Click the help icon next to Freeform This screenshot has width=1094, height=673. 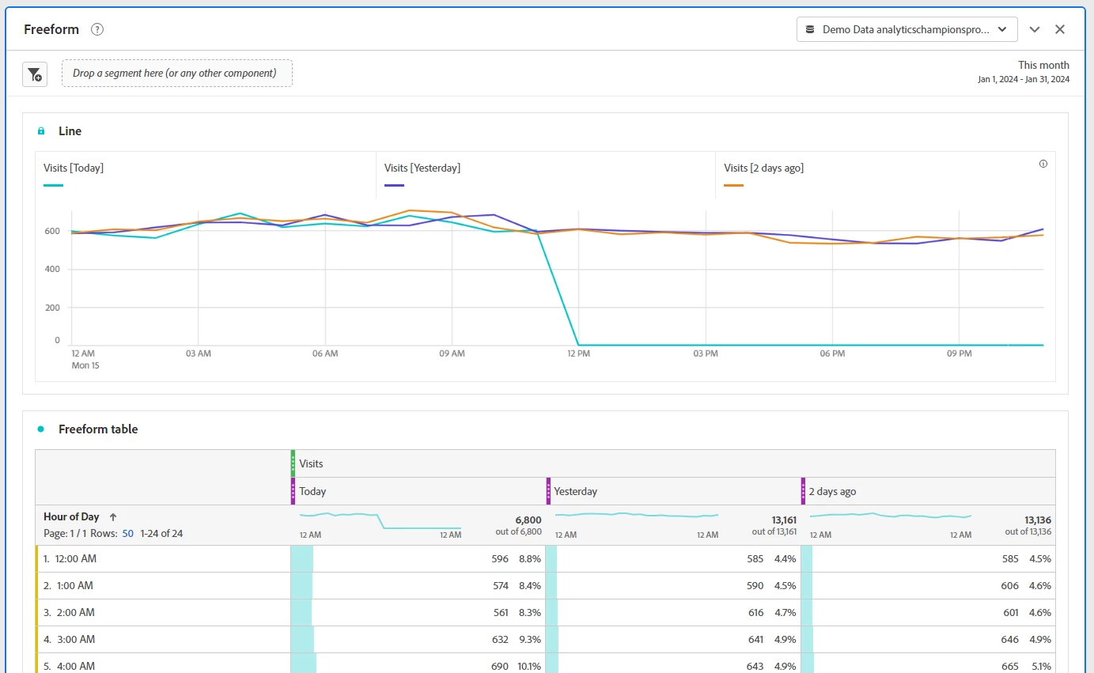(x=97, y=29)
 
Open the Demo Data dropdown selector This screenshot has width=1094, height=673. (x=907, y=29)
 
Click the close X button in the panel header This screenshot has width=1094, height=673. (x=1060, y=29)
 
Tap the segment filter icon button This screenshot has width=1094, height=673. (x=35, y=74)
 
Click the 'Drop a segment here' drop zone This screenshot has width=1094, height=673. (x=177, y=74)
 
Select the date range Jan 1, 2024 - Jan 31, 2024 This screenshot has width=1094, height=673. (x=1024, y=79)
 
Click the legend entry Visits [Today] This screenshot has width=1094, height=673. (x=74, y=168)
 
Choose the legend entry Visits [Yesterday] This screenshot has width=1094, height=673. (x=422, y=168)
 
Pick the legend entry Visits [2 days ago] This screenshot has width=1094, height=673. (x=764, y=168)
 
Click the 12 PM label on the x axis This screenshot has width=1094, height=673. (x=578, y=354)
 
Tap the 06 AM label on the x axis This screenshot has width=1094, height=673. (x=325, y=354)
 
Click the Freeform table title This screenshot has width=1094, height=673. (x=98, y=429)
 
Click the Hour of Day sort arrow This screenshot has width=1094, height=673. (x=113, y=517)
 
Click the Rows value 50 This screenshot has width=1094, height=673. (x=128, y=534)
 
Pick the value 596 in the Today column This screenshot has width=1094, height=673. (x=500, y=559)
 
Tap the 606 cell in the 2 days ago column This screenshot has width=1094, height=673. (x=1009, y=586)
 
